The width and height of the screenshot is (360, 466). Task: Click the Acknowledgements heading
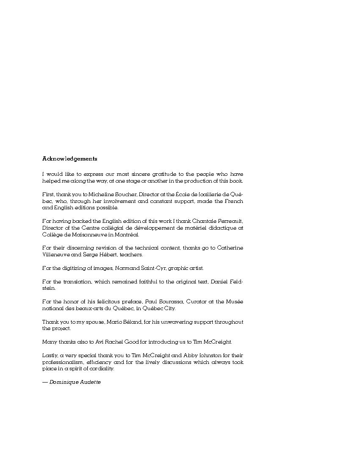pyautogui.click(x=69, y=159)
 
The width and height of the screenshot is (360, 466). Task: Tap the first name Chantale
pyautogui.click(x=205, y=221)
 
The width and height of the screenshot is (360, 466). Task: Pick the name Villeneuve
pyautogui.click(x=56, y=255)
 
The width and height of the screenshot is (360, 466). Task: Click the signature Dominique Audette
pyautogui.click(x=75, y=382)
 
